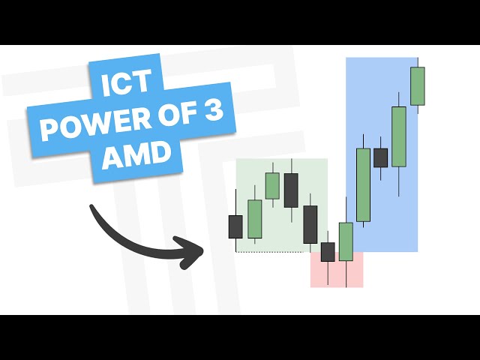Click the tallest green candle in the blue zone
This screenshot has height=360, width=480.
pos(364,184)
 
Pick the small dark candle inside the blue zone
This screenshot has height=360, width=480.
pos(381,157)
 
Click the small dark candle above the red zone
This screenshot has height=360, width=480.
pos(328,252)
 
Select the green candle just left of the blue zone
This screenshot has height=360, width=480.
pos(346,241)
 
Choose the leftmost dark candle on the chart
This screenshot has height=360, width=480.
pos(235,226)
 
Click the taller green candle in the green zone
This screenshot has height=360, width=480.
pos(255,219)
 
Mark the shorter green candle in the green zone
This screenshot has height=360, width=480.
pos(272,185)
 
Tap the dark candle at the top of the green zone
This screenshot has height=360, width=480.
pos(291,190)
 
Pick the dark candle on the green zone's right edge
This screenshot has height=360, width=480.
pos(310,225)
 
